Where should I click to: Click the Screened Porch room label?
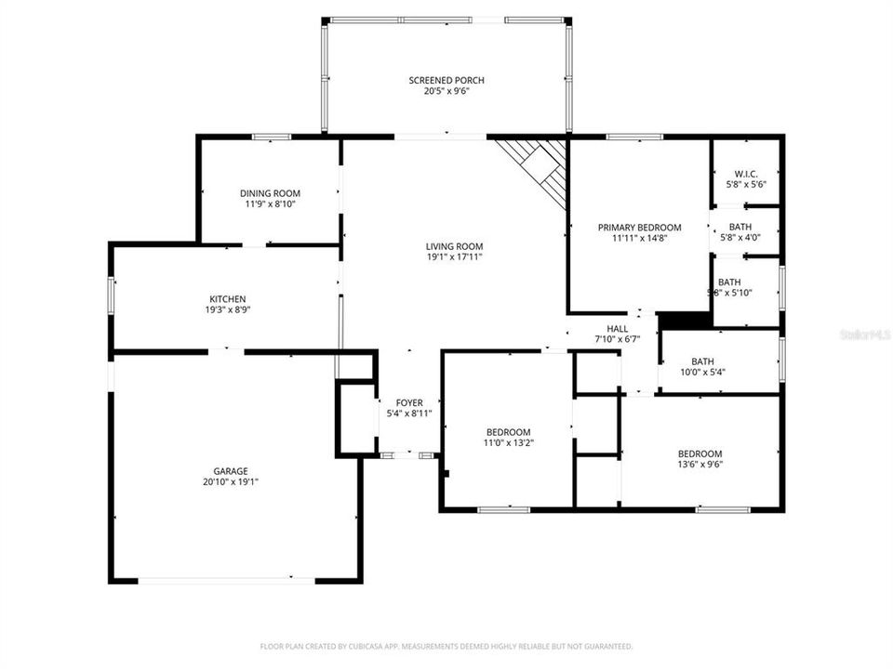coord(446,81)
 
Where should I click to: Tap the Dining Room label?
coord(270,193)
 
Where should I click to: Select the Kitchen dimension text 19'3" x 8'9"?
coord(227,309)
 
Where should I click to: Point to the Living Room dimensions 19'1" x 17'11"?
coord(455,257)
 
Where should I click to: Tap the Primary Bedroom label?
coord(639,228)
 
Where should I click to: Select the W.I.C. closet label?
coord(746,173)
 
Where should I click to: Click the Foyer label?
coord(409,402)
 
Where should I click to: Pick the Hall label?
coord(618,329)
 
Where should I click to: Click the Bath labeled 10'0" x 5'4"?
coord(702,361)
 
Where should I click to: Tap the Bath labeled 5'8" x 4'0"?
coord(741,227)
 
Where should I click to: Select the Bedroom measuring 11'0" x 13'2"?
coord(508,432)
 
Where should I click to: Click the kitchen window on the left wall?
coord(111,297)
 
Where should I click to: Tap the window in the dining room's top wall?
coord(271,138)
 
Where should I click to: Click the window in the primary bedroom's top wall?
coord(634,138)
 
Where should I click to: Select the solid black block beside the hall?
coord(684,320)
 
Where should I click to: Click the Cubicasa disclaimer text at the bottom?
coord(446,646)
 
